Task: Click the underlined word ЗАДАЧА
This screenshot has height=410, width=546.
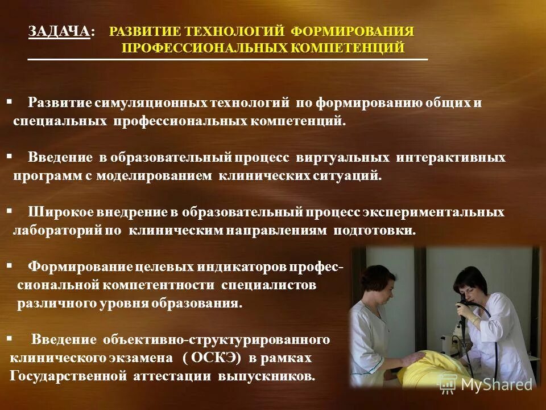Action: click(59, 32)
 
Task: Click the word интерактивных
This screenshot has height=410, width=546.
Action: click(450, 157)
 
